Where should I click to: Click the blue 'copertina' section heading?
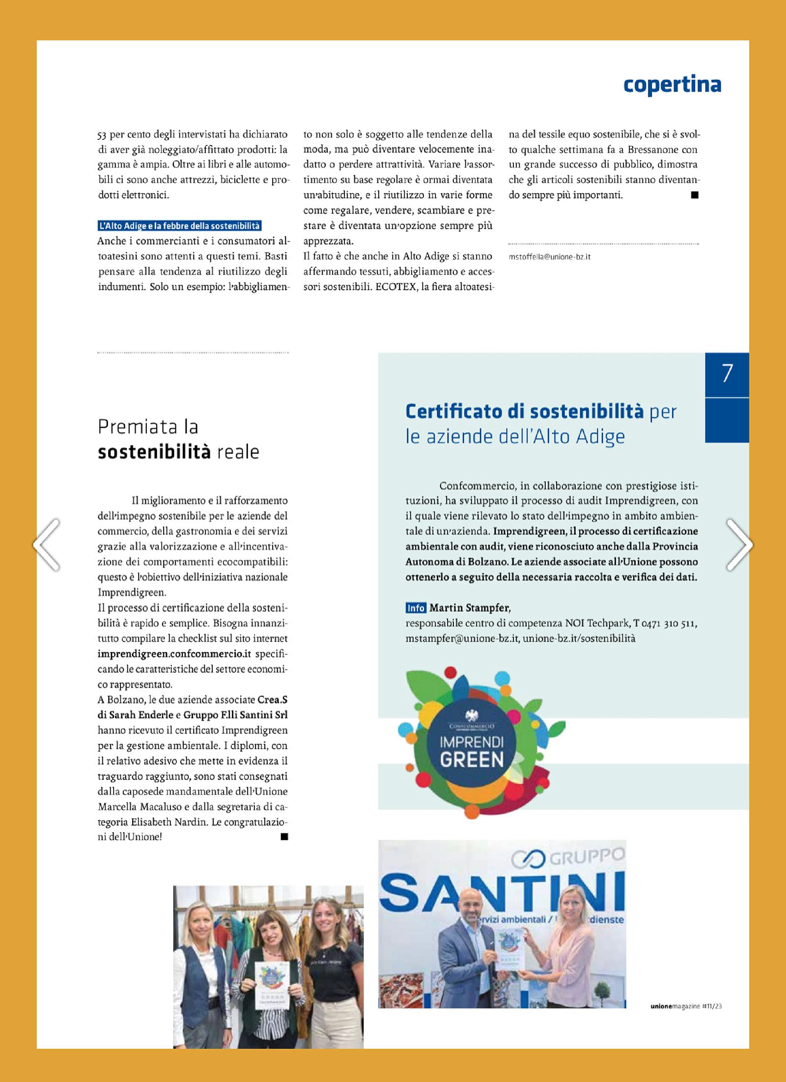click(x=672, y=85)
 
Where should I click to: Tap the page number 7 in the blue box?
click(x=727, y=374)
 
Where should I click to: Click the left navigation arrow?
click(x=47, y=545)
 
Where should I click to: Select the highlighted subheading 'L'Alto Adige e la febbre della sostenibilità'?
click(x=179, y=226)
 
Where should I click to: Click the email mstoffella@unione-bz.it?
click(x=549, y=256)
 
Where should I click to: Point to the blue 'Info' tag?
click(x=416, y=608)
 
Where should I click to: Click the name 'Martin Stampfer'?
click(x=470, y=608)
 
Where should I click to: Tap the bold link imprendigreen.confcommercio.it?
click(x=174, y=654)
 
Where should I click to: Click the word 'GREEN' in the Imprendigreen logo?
click(x=472, y=760)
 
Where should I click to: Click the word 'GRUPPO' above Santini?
click(x=587, y=858)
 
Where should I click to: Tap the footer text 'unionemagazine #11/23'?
click(x=686, y=1006)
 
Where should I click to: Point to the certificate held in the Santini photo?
click(x=510, y=950)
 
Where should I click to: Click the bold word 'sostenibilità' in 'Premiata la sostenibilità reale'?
click(x=154, y=451)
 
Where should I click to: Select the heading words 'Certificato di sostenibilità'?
click(x=524, y=412)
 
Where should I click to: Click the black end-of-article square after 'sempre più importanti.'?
click(x=694, y=195)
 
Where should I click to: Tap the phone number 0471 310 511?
click(x=669, y=623)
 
